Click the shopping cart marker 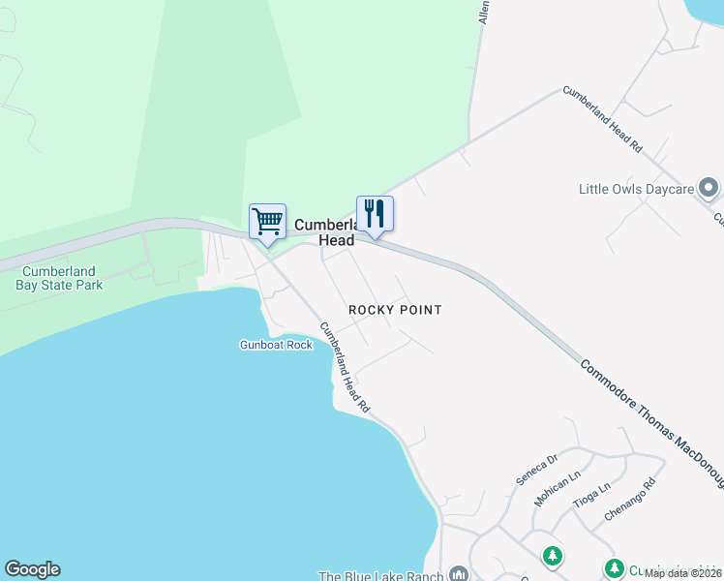[x=267, y=222]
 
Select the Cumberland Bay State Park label [x=60, y=278]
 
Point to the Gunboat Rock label [x=277, y=345]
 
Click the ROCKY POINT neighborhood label [x=395, y=310]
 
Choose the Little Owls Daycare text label [x=636, y=189]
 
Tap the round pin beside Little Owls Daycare [x=709, y=187]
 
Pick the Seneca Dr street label [x=537, y=469]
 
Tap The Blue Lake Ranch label [x=380, y=575]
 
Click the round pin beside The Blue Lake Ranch [x=458, y=573]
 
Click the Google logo [x=32, y=569]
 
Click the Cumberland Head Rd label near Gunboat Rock [x=346, y=369]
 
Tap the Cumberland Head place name [x=324, y=232]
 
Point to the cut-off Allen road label [x=482, y=12]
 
